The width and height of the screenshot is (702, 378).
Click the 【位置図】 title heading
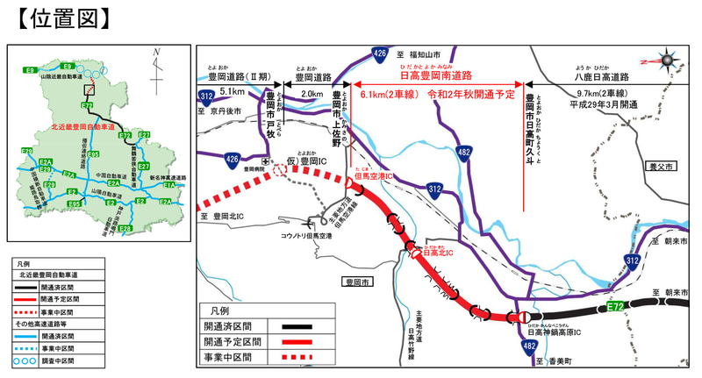coord(61,18)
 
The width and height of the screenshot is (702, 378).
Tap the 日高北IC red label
coord(438,254)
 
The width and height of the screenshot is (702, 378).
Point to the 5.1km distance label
coord(232,91)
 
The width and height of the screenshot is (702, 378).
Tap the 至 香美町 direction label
coord(553,361)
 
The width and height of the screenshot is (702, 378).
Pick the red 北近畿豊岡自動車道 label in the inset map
coord(83,127)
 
